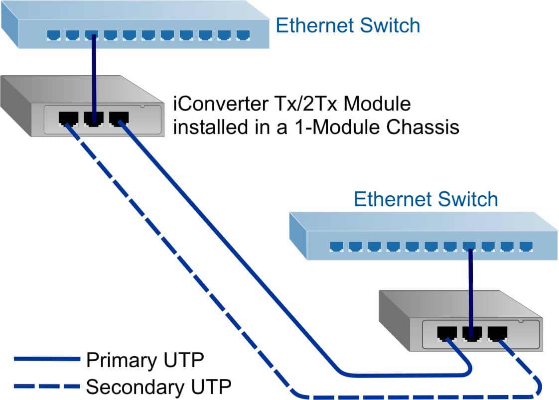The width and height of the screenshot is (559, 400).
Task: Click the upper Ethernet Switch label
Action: point(348,25)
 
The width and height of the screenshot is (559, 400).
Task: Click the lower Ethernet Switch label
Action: point(425,199)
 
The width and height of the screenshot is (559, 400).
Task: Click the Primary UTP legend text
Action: point(144,360)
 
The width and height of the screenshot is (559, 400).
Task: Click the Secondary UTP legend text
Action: point(158,386)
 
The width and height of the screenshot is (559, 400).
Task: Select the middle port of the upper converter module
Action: point(93,119)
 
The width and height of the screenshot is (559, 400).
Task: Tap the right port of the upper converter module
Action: point(118,119)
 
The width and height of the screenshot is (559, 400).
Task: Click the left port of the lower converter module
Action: point(446,333)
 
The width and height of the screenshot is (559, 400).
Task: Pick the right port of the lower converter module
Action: point(497,333)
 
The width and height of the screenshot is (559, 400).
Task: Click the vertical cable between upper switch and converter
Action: point(93,75)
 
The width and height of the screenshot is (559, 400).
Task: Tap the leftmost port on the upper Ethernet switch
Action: point(53,35)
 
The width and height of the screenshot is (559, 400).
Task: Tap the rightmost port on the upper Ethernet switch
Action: point(242,35)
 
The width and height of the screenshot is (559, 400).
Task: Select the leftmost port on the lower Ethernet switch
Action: point(336,246)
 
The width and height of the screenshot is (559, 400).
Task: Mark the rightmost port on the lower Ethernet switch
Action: point(525,246)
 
